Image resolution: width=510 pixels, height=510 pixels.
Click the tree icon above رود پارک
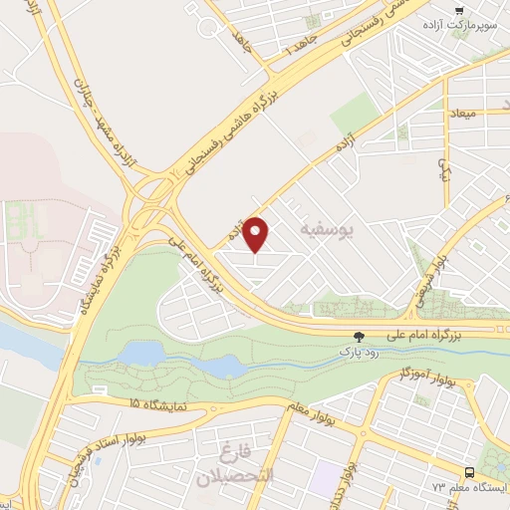(x=360, y=337)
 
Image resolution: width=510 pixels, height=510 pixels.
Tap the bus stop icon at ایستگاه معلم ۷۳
(x=469, y=472)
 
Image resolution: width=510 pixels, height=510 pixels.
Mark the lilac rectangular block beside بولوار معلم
(x=324, y=477)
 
